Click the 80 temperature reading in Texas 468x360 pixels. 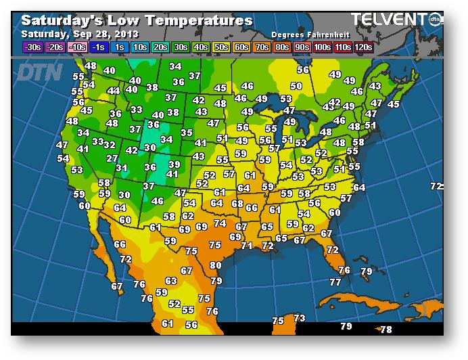click(x=215, y=266)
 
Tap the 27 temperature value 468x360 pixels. click(x=112, y=158)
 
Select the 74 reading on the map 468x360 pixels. click(x=220, y=223)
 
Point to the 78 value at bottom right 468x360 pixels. click(x=386, y=330)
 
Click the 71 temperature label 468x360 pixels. click(x=246, y=246)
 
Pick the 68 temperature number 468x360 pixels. click(x=237, y=204)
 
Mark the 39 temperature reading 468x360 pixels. click(x=174, y=164)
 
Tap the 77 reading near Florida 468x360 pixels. click(x=335, y=282)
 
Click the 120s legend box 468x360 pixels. click(x=363, y=47)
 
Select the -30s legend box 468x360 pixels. click(x=32, y=47)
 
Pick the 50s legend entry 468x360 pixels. click(x=221, y=47)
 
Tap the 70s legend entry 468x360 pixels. click(x=262, y=47)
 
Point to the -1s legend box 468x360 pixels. click(x=99, y=47)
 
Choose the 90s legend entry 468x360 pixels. click(x=302, y=47)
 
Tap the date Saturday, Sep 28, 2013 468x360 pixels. click(x=80, y=34)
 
